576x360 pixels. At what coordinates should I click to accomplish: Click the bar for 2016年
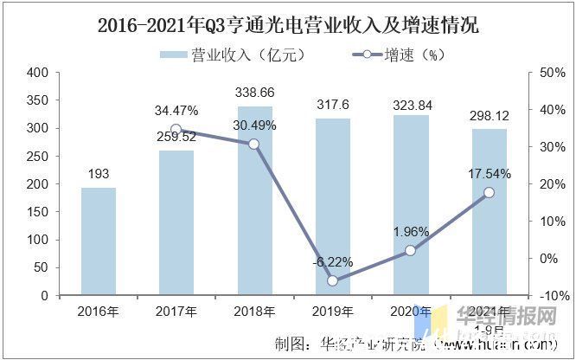click(x=98, y=241)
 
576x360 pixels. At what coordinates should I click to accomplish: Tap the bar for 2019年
click(x=333, y=207)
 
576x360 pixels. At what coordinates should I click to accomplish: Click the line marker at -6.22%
click(x=333, y=280)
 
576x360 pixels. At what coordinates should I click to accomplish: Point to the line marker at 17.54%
click(x=490, y=192)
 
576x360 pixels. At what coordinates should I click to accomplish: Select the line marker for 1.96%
click(x=411, y=250)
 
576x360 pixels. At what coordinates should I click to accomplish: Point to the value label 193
click(x=98, y=174)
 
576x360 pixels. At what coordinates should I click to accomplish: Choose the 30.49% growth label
click(x=254, y=125)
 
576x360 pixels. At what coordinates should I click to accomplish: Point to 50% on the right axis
click(x=551, y=73)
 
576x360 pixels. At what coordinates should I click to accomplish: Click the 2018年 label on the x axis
click(x=254, y=311)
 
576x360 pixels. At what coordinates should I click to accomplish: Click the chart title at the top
click(x=289, y=26)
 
